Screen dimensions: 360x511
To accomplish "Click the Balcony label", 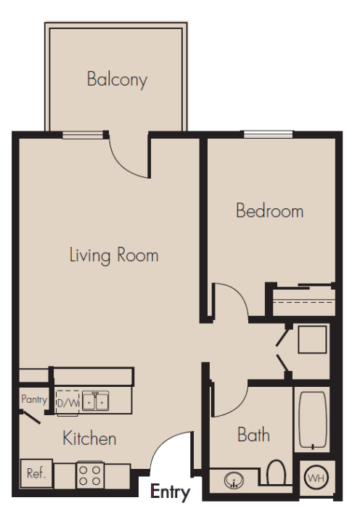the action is [118, 80].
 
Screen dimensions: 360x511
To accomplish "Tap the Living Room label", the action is [114, 255].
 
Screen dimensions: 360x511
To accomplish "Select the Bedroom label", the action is [270, 210].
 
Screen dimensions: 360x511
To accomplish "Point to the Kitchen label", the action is [89, 438].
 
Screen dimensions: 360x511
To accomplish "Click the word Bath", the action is [254, 435].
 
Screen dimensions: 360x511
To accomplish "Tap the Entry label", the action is [171, 492].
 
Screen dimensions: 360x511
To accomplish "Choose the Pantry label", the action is [34, 399].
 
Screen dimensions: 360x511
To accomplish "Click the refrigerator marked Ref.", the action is [36, 473].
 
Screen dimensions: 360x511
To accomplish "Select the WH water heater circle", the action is [316, 478].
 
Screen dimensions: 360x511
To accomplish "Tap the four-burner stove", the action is [90, 475].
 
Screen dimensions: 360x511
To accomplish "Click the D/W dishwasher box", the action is [67, 403].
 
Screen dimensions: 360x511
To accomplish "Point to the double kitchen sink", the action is [95, 401].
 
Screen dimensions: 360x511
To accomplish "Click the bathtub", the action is [312, 420].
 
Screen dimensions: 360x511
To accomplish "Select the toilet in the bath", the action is [277, 473].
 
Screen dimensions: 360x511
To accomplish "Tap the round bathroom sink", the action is [234, 480].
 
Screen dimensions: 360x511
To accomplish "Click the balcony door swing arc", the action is [123, 165].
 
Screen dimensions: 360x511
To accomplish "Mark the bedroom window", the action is [268, 134].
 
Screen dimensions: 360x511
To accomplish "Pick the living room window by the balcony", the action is [83, 134].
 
